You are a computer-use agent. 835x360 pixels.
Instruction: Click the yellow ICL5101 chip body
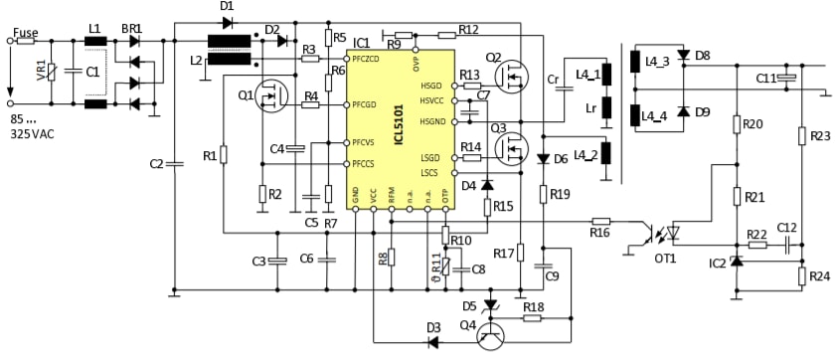[x=402, y=129]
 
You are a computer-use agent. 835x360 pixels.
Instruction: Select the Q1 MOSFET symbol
[x=269, y=96]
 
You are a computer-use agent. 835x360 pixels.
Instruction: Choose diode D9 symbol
[x=682, y=111]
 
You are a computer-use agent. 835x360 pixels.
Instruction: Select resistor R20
[x=736, y=124]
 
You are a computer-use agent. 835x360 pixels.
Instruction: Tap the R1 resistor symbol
[x=224, y=156]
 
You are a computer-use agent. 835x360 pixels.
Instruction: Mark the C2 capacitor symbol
[x=174, y=164]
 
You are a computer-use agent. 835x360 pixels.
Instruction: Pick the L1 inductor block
[x=96, y=43]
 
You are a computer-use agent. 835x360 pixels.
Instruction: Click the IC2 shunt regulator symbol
[x=736, y=261]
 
